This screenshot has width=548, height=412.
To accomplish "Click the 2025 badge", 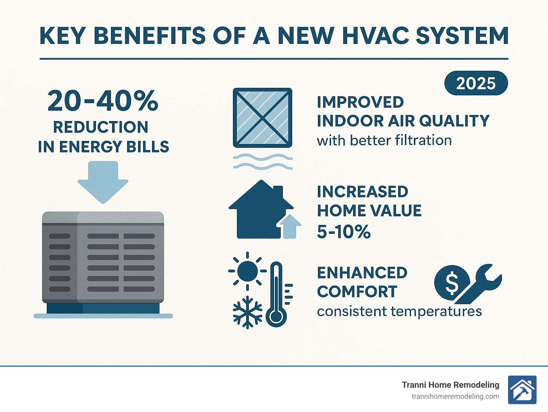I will coord(476,83).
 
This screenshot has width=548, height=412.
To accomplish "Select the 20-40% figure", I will coord(103,101).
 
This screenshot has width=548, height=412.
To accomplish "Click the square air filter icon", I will coord(262,118).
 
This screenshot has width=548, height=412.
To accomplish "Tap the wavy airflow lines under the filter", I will coord(263,161).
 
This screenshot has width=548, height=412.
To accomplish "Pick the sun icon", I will coord(247,271).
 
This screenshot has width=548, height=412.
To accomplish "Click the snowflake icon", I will coord(247,312).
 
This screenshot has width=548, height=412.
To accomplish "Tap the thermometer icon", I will coord(276,295).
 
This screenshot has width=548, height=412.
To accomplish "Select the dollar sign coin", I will coord(451,283).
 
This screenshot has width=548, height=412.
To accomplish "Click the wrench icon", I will coord(480,284).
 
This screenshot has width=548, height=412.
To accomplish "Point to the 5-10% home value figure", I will coord(344,232).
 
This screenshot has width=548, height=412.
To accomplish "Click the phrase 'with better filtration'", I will coord(384,141).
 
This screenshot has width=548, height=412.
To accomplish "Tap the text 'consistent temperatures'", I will coord(399,311).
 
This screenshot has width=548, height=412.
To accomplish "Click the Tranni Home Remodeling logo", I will coord(522,390).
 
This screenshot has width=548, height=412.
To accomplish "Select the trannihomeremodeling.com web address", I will coord(455,397).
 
